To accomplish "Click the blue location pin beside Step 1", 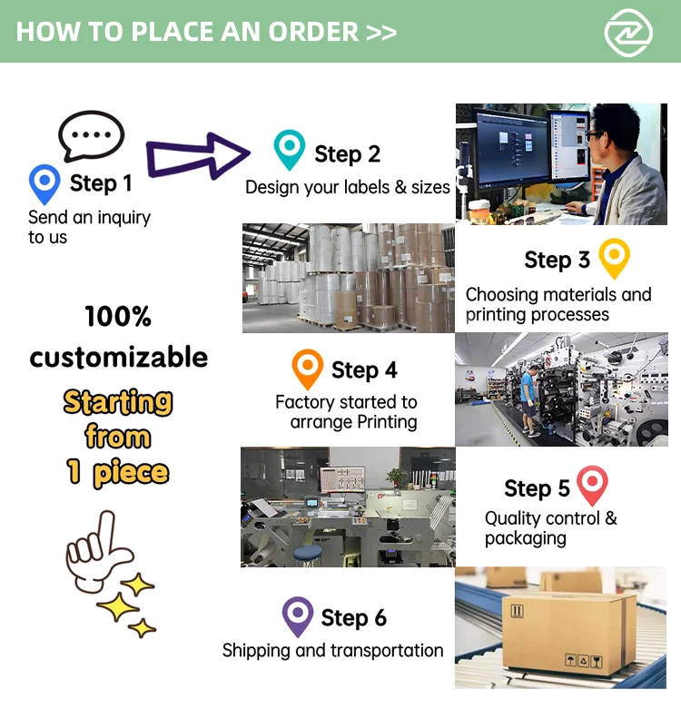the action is [x=44, y=183].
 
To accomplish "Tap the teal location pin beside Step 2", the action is [x=290, y=150].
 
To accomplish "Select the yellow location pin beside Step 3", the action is [x=615, y=258].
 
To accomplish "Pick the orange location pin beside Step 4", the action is [x=308, y=369].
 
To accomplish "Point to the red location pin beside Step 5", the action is [x=592, y=486].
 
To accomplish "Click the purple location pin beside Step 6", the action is [x=298, y=616].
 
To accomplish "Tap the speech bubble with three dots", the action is [x=91, y=136].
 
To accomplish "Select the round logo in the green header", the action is [x=628, y=32].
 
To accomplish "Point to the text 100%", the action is [x=118, y=317].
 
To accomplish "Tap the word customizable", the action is [x=118, y=357].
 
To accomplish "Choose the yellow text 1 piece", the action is [x=118, y=472].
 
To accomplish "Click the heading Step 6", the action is [x=353, y=618].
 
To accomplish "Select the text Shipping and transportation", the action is [x=332, y=650].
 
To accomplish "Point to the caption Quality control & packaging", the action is [x=550, y=528].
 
